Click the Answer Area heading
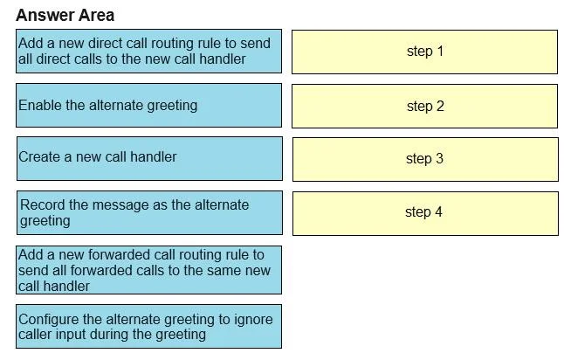coord(65,15)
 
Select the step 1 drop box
coord(424,52)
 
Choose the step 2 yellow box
coord(424,107)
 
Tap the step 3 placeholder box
coord(425,159)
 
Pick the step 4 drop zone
coord(425,213)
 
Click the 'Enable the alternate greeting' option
coord(149,106)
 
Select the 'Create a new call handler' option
coord(149,158)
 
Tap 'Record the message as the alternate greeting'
coord(149,212)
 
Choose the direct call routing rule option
coord(149,52)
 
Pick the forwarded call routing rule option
coord(149,270)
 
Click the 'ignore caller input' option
coord(149,327)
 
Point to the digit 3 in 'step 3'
coord(439,158)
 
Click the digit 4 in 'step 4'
coord(438,211)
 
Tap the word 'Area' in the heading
coord(96,15)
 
